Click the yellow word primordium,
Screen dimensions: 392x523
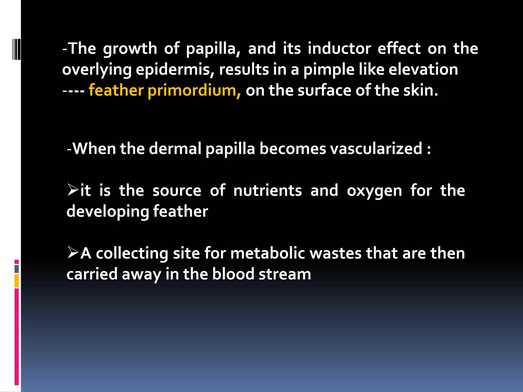(x=194, y=91)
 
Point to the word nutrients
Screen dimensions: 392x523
(x=267, y=191)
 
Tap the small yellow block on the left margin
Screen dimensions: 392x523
(x=17, y=281)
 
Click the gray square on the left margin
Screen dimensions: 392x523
(x=17, y=269)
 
